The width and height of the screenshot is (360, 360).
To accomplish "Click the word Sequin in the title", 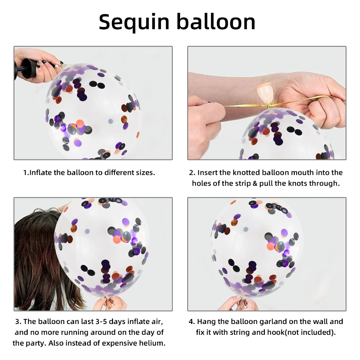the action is point(134,22).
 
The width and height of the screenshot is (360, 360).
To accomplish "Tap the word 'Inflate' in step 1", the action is point(41,172).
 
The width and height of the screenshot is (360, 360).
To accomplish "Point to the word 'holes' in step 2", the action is point(202,183).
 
